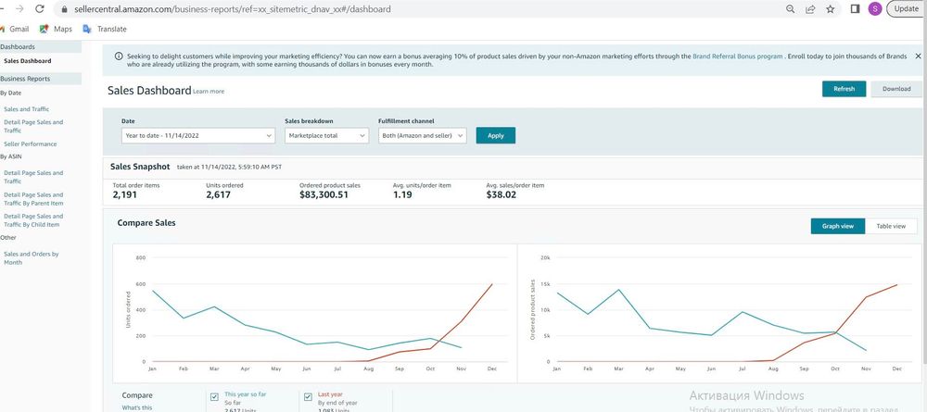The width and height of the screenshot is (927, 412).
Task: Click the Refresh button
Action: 844,89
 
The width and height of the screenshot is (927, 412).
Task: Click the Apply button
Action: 495,135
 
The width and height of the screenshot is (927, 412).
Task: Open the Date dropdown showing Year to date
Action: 198,135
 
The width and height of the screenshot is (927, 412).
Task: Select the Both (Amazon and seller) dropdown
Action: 422,135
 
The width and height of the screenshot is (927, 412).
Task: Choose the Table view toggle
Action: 891,226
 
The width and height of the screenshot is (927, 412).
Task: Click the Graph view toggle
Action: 837,226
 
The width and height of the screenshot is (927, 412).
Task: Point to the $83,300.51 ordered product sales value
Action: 324,195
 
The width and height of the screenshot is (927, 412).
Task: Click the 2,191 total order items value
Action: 124,195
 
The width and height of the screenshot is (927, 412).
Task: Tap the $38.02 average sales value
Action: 502,195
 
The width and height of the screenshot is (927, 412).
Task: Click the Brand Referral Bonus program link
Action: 737,56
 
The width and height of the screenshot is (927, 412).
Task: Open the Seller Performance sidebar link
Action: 30,144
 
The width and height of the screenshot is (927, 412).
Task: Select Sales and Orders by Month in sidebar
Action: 32,257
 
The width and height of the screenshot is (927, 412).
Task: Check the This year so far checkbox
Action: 215,396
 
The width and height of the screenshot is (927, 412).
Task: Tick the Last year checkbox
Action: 308,396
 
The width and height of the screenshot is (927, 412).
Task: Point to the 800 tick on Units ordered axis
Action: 141,257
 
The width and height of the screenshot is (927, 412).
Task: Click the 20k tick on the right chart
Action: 546,257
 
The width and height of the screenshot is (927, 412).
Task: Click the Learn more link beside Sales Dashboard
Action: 209,92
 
